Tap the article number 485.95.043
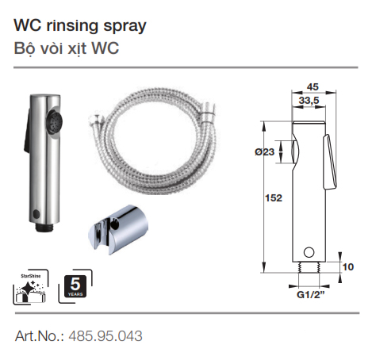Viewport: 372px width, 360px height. click(x=105, y=335)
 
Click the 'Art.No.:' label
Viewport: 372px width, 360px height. click(x=40, y=335)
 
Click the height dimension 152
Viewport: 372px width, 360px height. click(x=274, y=197)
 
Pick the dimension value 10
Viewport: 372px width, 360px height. click(x=346, y=267)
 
